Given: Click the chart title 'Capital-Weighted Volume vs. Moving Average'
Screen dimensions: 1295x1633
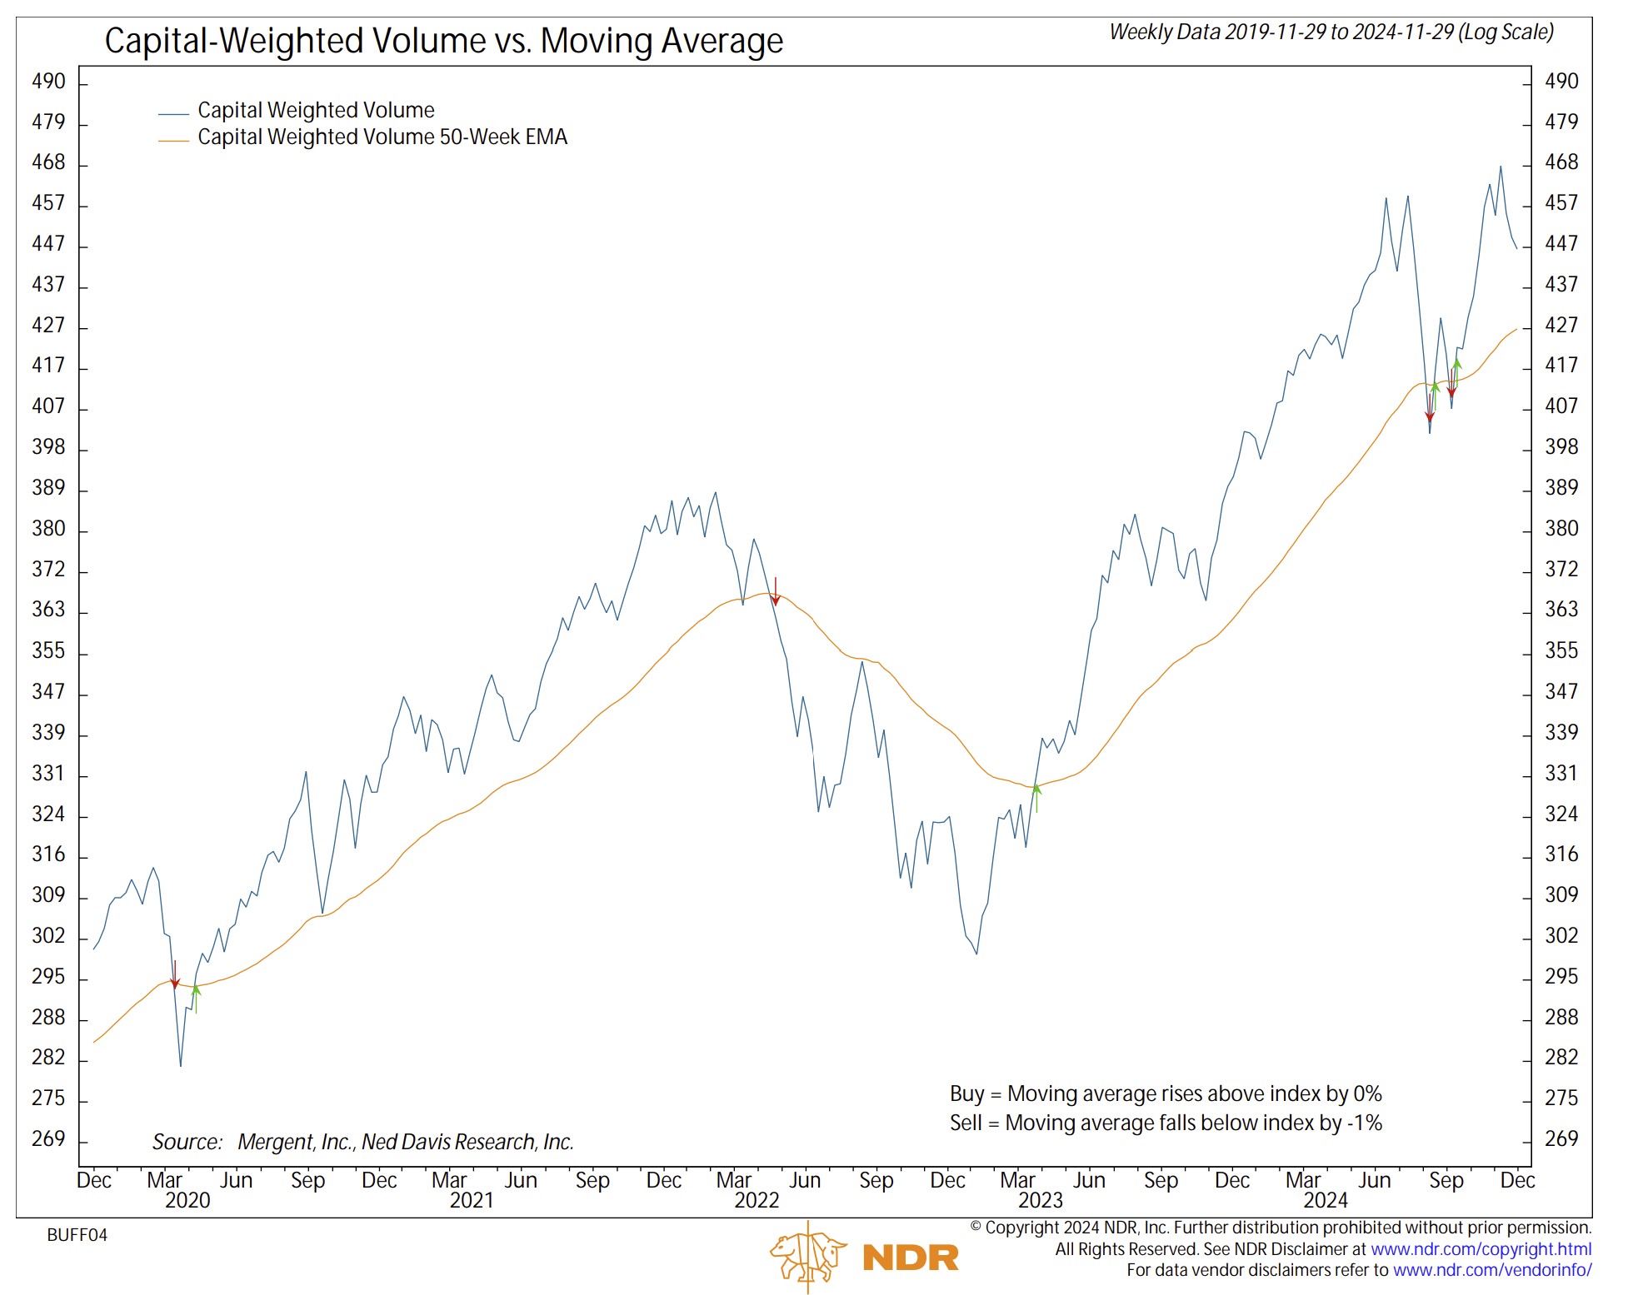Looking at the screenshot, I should [x=443, y=41].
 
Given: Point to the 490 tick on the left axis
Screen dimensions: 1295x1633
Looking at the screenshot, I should [x=48, y=82].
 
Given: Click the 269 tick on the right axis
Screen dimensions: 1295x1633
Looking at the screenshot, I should [x=1561, y=1138].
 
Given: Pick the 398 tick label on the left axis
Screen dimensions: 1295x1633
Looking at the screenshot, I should [x=48, y=447].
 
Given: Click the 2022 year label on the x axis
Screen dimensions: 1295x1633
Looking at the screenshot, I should [x=757, y=1200].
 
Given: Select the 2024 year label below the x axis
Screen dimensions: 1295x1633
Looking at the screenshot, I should [x=1326, y=1200].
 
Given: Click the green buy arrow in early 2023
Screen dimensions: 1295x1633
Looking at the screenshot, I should [x=1036, y=798].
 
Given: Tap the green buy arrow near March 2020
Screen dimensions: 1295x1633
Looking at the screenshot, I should [x=196, y=999].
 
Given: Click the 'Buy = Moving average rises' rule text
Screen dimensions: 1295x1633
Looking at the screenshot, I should [x=1165, y=1093].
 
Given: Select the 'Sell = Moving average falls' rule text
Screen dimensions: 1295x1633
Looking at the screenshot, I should [x=1165, y=1123].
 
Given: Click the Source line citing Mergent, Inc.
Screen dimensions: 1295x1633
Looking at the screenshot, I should [x=363, y=1142].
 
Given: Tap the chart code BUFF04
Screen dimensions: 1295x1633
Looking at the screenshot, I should [x=77, y=1235].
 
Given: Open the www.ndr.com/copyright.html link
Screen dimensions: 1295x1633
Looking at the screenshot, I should [x=1481, y=1249].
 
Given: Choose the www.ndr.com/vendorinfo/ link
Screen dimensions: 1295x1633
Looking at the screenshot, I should [x=1491, y=1270].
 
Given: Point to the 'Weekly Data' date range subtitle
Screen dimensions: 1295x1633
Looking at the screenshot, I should [x=1331, y=32].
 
